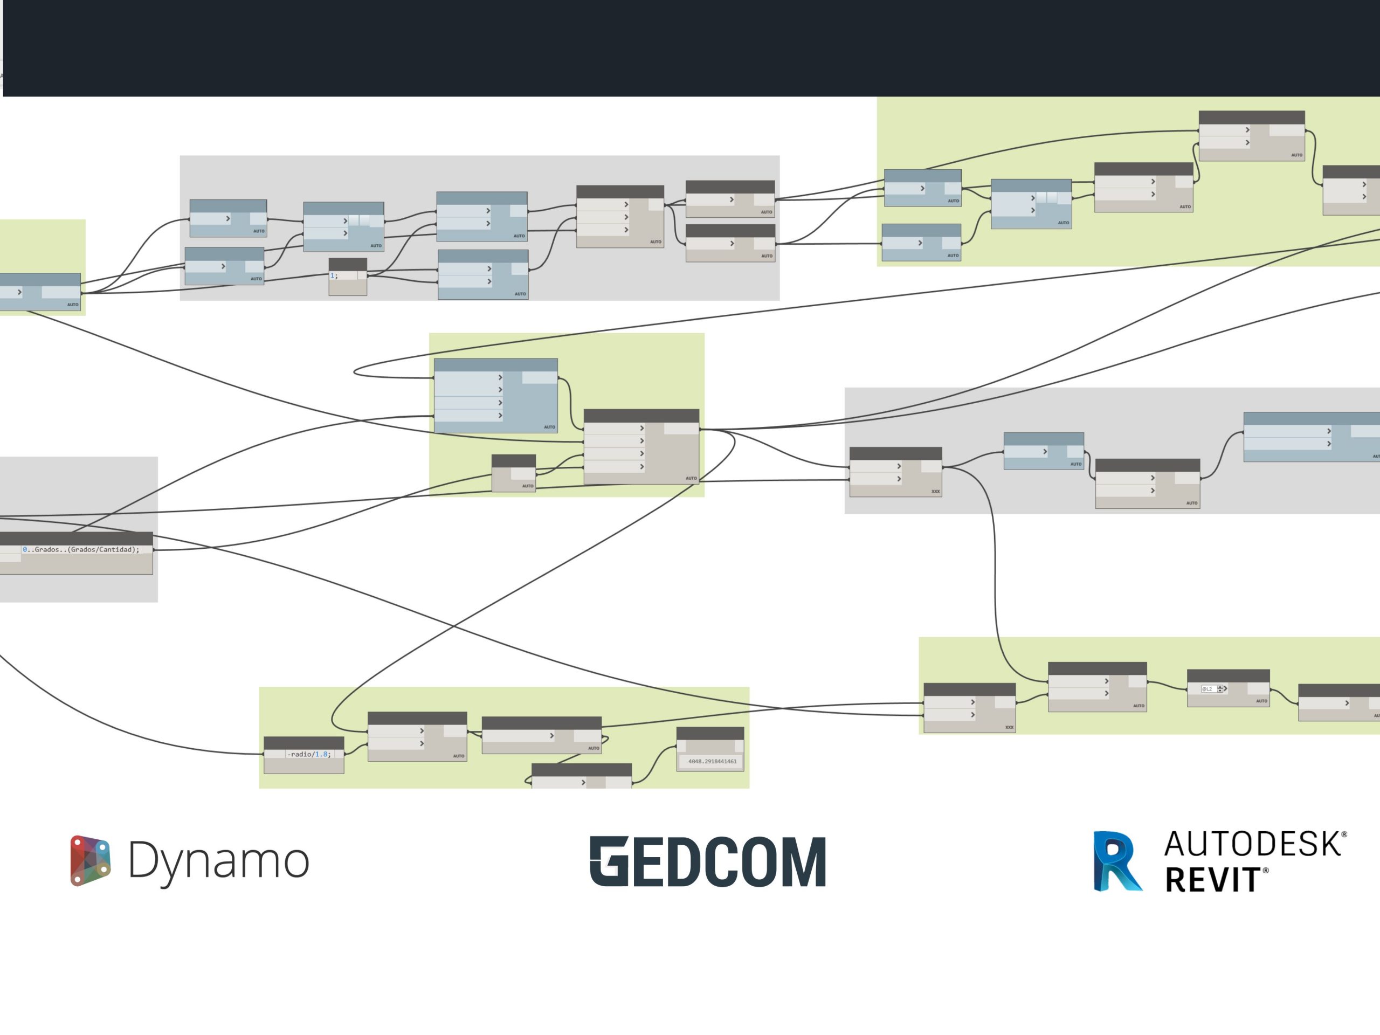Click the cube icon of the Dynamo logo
(x=91, y=860)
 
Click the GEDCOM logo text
(x=707, y=861)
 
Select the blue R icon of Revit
(x=1117, y=861)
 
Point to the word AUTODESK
(x=1253, y=844)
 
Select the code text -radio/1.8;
(x=309, y=754)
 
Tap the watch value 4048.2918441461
(x=712, y=761)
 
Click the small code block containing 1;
(x=348, y=276)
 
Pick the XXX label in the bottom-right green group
(x=1009, y=727)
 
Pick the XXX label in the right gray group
(x=935, y=492)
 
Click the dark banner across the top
(x=686, y=48)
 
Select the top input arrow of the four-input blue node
(x=500, y=377)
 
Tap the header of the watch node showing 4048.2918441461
(x=710, y=733)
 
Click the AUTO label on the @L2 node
(x=1261, y=701)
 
